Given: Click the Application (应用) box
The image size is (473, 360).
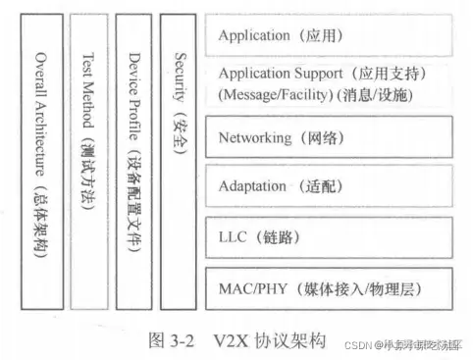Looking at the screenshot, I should point(329,35).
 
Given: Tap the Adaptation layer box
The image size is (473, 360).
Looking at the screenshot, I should point(329,186).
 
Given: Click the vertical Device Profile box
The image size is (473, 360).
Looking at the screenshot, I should point(133,162).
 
